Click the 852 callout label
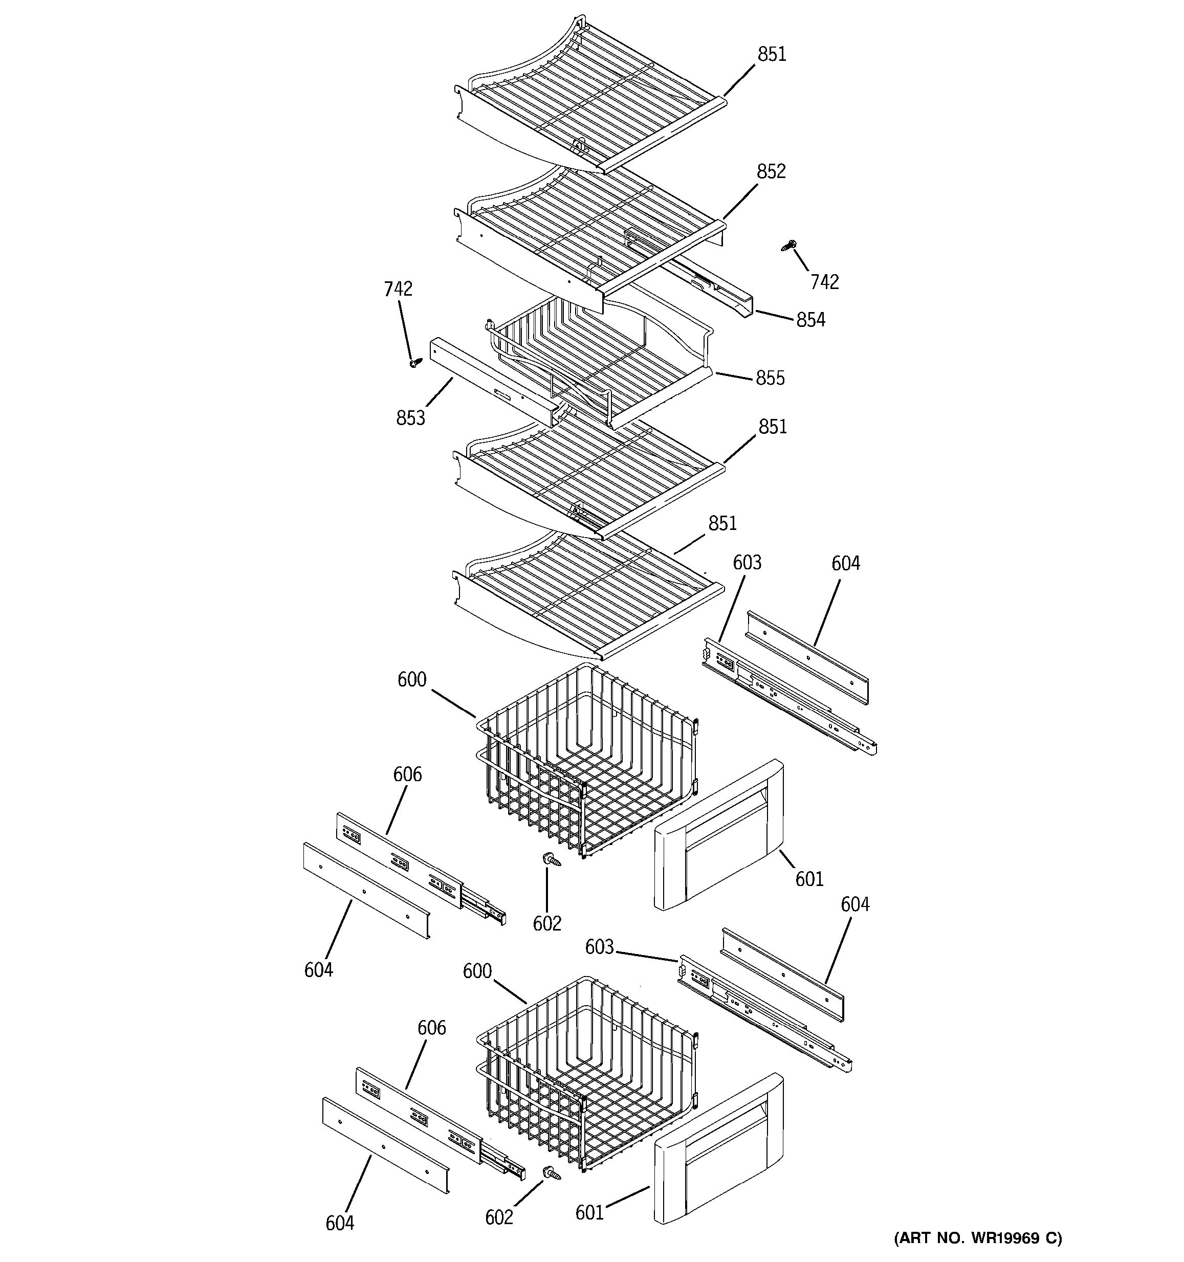pyautogui.click(x=771, y=171)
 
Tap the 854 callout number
pyautogui.click(x=810, y=320)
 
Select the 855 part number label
pyautogui.click(x=770, y=379)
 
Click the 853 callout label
pyautogui.click(x=411, y=418)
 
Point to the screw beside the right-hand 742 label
pyautogui.click(x=789, y=245)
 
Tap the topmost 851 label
pyautogui.click(x=772, y=55)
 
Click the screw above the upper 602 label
pyautogui.click(x=550, y=859)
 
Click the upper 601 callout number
pyautogui.click(x=809, y=879)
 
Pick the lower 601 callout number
pyautogui.click(x=589, y=1212)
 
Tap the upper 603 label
pyautogui.click(x=747, y=563)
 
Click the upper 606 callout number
pyautogui.click(x=407, y=774)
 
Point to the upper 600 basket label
pyautogui.click(x=411, y=680)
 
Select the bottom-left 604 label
pyautogui.click(x=340, y=1223)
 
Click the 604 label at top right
pyautogui.click(x=846, y=564)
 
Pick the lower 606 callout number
pyautogui.click(x=432, y=1028)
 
